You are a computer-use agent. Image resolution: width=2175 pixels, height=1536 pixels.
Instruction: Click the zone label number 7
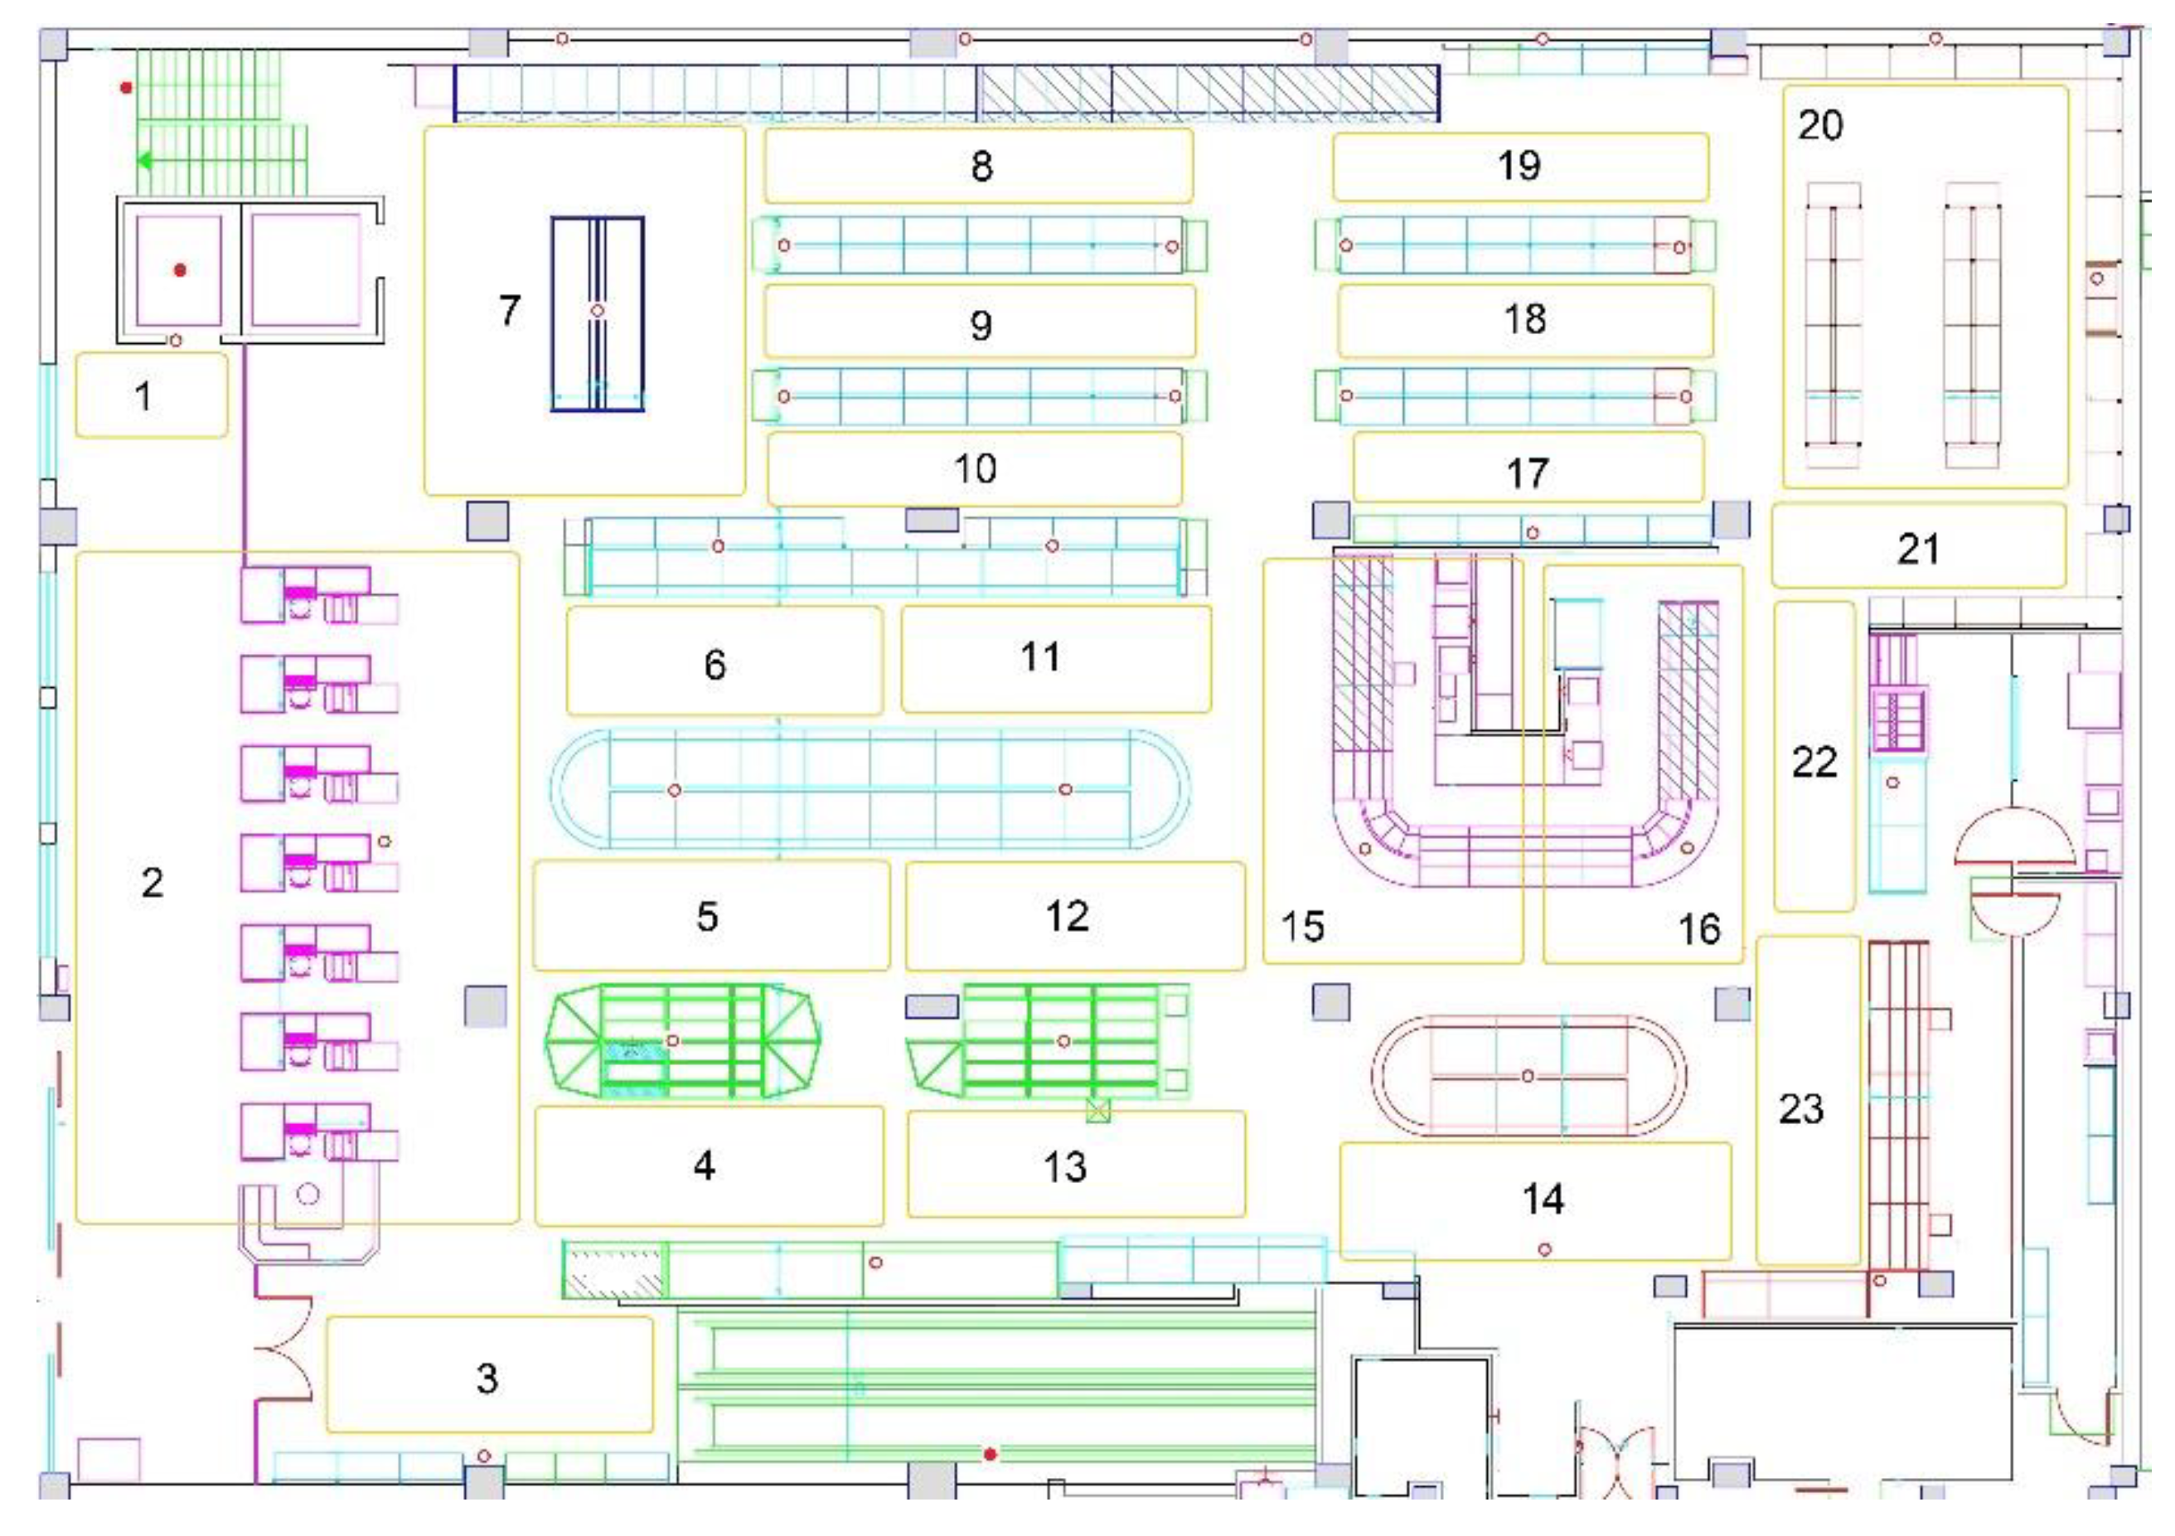[x=510, y=311]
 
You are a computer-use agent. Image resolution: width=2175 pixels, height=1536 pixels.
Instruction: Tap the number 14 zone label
[x=1543, y=1199]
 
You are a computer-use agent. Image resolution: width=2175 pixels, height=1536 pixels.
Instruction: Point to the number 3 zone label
[x=487, y=1379]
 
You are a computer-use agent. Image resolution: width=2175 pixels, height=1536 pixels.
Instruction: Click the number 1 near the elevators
[x=144, y=396]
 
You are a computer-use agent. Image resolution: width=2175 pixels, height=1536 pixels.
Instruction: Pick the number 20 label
[x=1819, y=126]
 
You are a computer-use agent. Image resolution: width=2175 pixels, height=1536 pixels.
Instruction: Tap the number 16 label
[x=1698, y=929]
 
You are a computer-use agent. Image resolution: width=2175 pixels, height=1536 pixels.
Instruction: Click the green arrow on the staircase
[x=145, y=161]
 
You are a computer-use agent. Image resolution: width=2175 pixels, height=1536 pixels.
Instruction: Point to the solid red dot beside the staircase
[x=126, y=88]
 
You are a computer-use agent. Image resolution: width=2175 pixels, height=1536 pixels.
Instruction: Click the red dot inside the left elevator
[x=180, y=271]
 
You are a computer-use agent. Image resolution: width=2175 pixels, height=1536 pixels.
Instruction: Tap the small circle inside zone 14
[x=1545, y=1250]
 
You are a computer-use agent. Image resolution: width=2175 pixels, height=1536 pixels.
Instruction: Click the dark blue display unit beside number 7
[x=598, y=313]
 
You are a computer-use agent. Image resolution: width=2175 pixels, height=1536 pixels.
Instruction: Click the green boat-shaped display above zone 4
[x=683, y=1041]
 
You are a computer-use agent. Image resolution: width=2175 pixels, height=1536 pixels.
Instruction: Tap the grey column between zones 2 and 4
[x=485, y=1005]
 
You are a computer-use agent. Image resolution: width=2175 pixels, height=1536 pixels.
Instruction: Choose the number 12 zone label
[x=1067, y=916]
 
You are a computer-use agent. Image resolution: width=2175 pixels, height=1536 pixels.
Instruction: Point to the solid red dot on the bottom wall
[x=990, y=1455]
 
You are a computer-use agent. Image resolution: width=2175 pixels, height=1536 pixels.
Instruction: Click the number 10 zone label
[x=975, y=469]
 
